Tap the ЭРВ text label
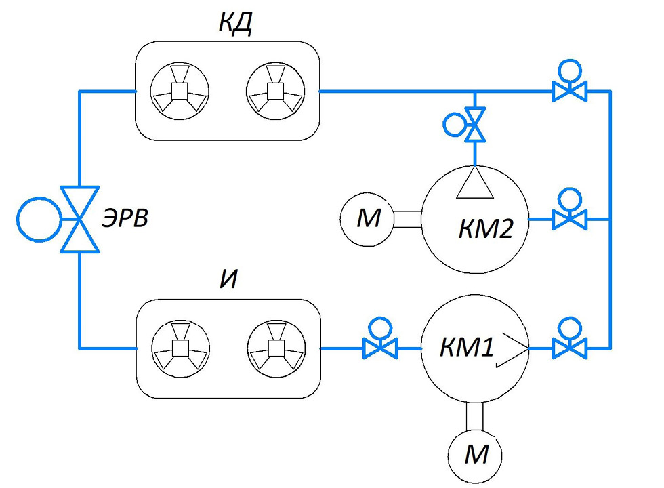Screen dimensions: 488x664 tap(125, 219)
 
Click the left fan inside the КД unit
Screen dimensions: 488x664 tap(179, 90)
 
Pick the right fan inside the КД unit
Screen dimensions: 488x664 tap(275, 90)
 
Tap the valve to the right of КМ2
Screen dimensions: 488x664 tap(570, 219)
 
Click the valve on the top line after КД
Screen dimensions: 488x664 tap(570, 90)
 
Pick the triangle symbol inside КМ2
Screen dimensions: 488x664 tap(475, 182)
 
